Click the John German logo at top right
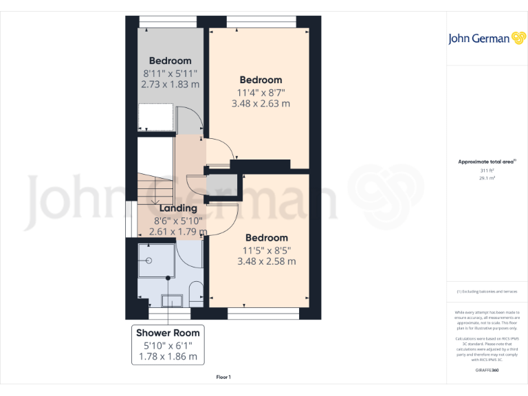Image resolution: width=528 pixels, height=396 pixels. (488, 38)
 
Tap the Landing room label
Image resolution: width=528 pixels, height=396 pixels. (178, 208)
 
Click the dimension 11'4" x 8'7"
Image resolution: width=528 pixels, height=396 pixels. (261, 92)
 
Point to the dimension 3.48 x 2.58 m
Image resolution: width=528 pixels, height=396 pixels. (266, 261)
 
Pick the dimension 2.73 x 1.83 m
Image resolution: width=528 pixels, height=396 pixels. (170, 85)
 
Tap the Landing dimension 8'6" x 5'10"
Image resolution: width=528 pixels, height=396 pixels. (178, 220)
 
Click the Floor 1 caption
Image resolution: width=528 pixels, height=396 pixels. (223, 377)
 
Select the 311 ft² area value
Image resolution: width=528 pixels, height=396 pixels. (487, 170)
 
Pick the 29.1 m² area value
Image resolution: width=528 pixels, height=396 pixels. (487, 177)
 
